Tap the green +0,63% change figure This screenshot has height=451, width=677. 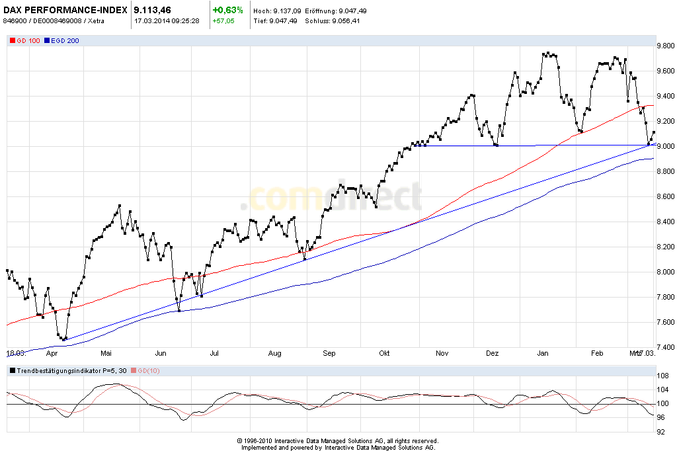(x=227, y=11)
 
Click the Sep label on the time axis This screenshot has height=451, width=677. (x=329, y=354)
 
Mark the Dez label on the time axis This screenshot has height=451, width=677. (x=492, y=354)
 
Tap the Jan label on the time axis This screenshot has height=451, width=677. (x=543, y=354)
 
